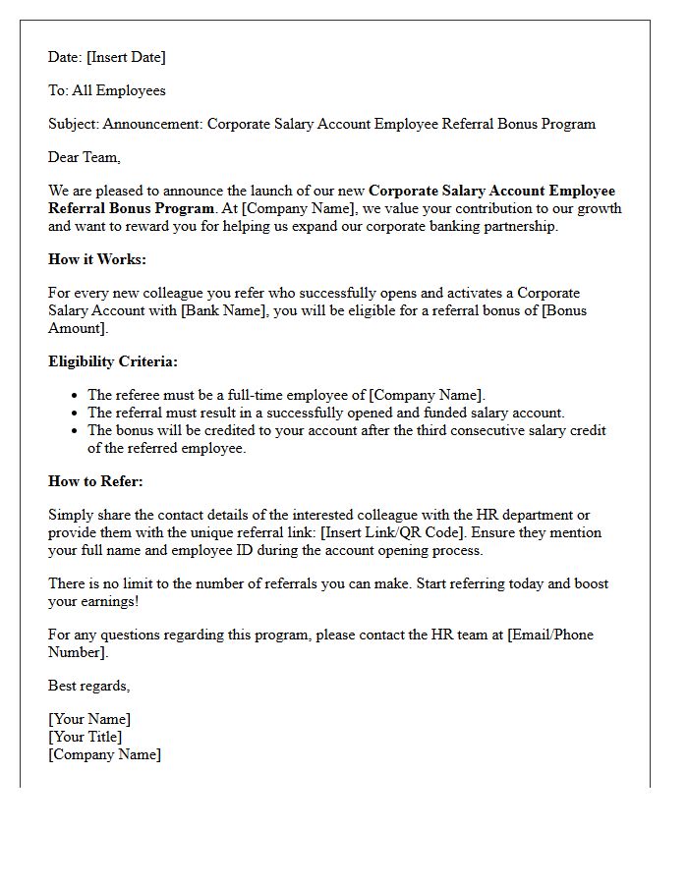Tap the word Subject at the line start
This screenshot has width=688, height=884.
[x=72, y=124]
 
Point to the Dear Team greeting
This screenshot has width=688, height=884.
[x=85, y=157]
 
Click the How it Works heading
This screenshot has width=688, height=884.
[x=96, y=259]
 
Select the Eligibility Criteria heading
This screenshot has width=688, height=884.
[x=113, y=361]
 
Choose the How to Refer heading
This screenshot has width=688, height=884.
[x=95, y=481]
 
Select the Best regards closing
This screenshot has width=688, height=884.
[x=89, y=686]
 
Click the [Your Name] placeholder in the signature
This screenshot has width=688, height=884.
[x=89, y=719]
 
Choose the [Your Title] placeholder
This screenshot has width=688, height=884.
[x=86, y=737]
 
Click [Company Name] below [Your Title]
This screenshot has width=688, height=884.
[x=104, y=754]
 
